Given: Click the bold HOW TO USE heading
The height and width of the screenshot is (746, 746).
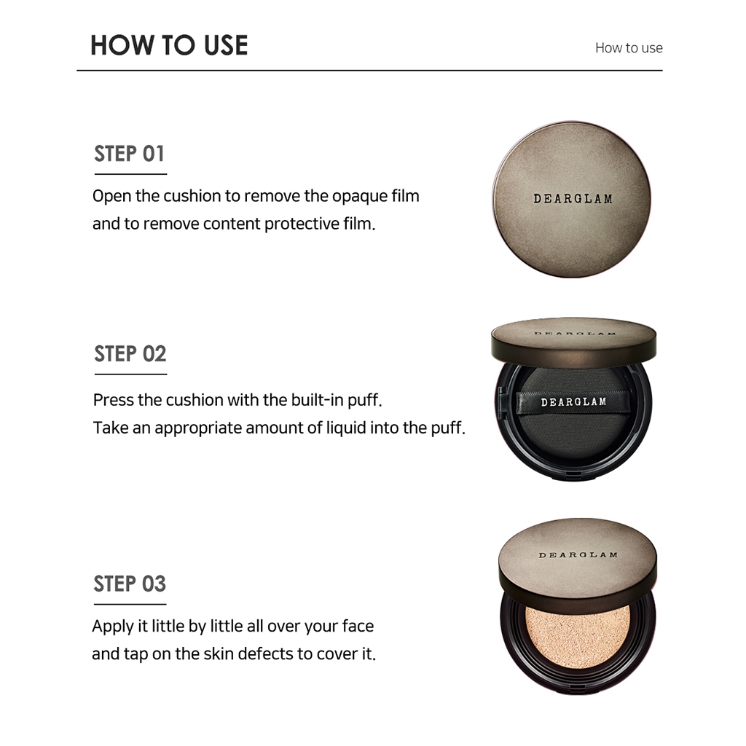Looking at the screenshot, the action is pos(169,46).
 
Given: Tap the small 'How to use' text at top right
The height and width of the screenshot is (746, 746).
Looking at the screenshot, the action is pos(629,47).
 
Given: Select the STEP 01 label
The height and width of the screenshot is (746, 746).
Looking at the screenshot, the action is pos(130,154).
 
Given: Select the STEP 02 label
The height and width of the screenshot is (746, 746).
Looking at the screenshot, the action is pos(130,354).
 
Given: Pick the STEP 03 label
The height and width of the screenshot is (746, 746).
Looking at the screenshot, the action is pos(130,584).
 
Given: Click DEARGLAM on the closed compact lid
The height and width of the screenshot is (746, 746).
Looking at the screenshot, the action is pos(573,199).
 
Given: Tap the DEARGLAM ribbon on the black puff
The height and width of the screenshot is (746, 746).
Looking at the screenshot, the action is pos(573,402).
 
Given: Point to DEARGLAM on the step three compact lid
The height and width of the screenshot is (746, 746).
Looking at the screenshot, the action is pos(578,554).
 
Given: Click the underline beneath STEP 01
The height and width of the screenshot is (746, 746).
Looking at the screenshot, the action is pos(130,174).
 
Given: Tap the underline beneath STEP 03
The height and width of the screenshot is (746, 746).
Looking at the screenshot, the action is pos(130,604).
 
